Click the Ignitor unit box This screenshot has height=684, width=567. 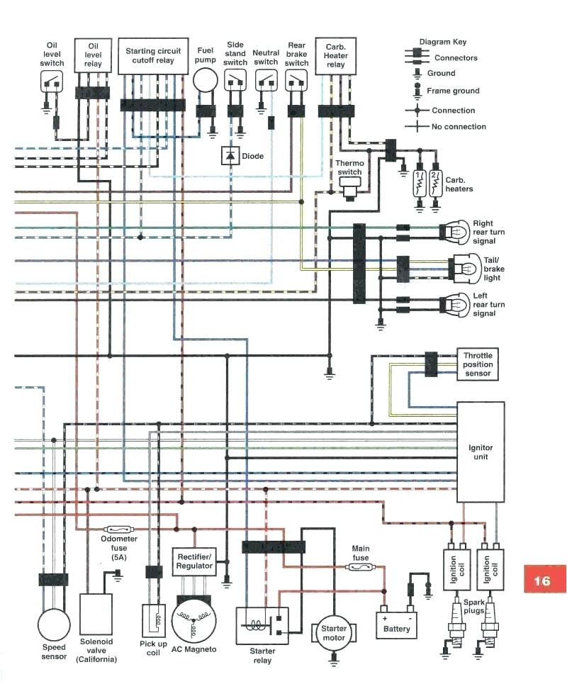481,452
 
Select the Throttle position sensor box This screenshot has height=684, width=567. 477,364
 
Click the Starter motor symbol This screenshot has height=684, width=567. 334,633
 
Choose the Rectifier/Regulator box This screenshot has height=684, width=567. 193,561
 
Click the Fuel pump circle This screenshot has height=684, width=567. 206,81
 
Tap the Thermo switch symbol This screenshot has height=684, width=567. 349,184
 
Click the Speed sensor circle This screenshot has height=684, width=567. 54,624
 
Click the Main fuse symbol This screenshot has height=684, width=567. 361,568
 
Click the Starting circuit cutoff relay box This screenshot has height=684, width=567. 153,56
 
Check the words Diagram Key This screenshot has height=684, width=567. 443,42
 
